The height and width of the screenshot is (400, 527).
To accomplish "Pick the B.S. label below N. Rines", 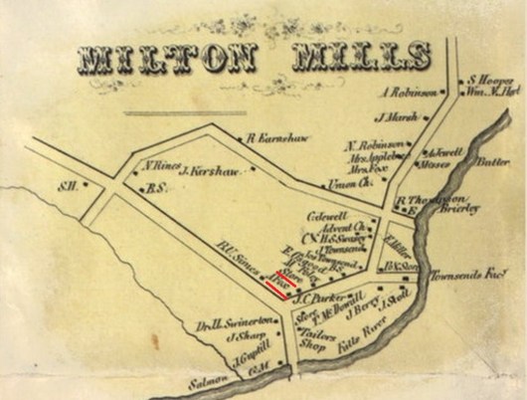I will click(154, 187).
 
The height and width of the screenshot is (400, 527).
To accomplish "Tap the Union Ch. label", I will click(349, 184).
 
